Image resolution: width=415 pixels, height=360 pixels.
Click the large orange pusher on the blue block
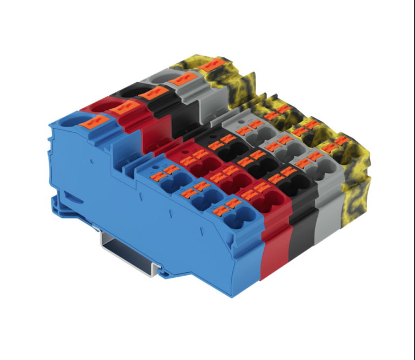click(90, 121)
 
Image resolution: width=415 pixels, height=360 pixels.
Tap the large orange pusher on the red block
click(120, 108)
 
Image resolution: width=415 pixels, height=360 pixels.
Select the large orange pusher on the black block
click(149, 94)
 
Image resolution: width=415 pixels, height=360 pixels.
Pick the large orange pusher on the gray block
click(178, 81)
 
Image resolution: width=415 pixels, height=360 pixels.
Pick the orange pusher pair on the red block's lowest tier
click(255, 190)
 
